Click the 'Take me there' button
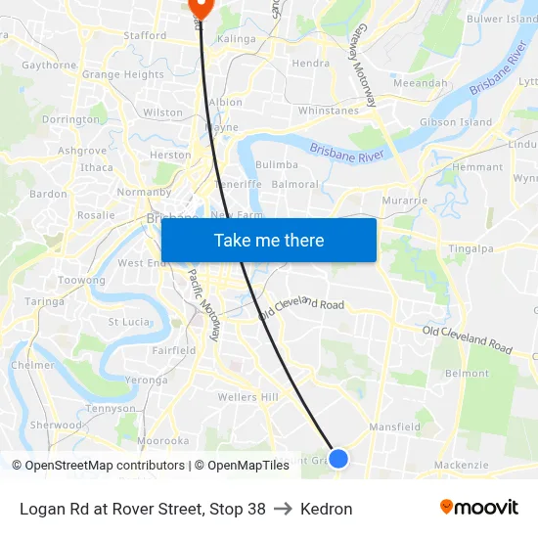point(269,240)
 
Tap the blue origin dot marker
point(338,458)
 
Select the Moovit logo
point(478,508)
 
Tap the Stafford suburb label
point(145,35)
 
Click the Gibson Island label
point(456,122)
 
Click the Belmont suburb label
point(467,374)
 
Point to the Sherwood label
point(56,426)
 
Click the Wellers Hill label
point(247,397)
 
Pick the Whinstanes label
point(328,111)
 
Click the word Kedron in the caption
point(327,509)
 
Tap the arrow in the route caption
point(283,509)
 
